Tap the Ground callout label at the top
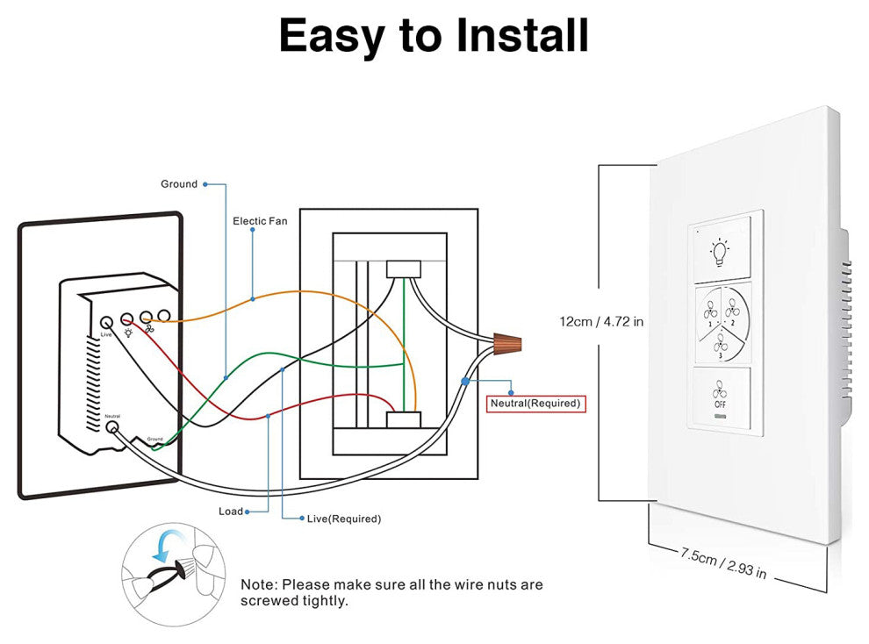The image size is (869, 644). point(179,184)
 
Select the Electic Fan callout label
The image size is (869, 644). point(260,221)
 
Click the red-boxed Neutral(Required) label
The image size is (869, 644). point(535,404)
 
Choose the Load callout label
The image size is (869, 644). point(231,512)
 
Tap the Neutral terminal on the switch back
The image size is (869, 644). point(112,427)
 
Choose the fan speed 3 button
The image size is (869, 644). point(722,342)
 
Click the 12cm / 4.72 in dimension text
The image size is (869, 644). point(601,322)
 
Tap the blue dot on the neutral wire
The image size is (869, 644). point(464,382)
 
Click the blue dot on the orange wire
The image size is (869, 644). point(253,299)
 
